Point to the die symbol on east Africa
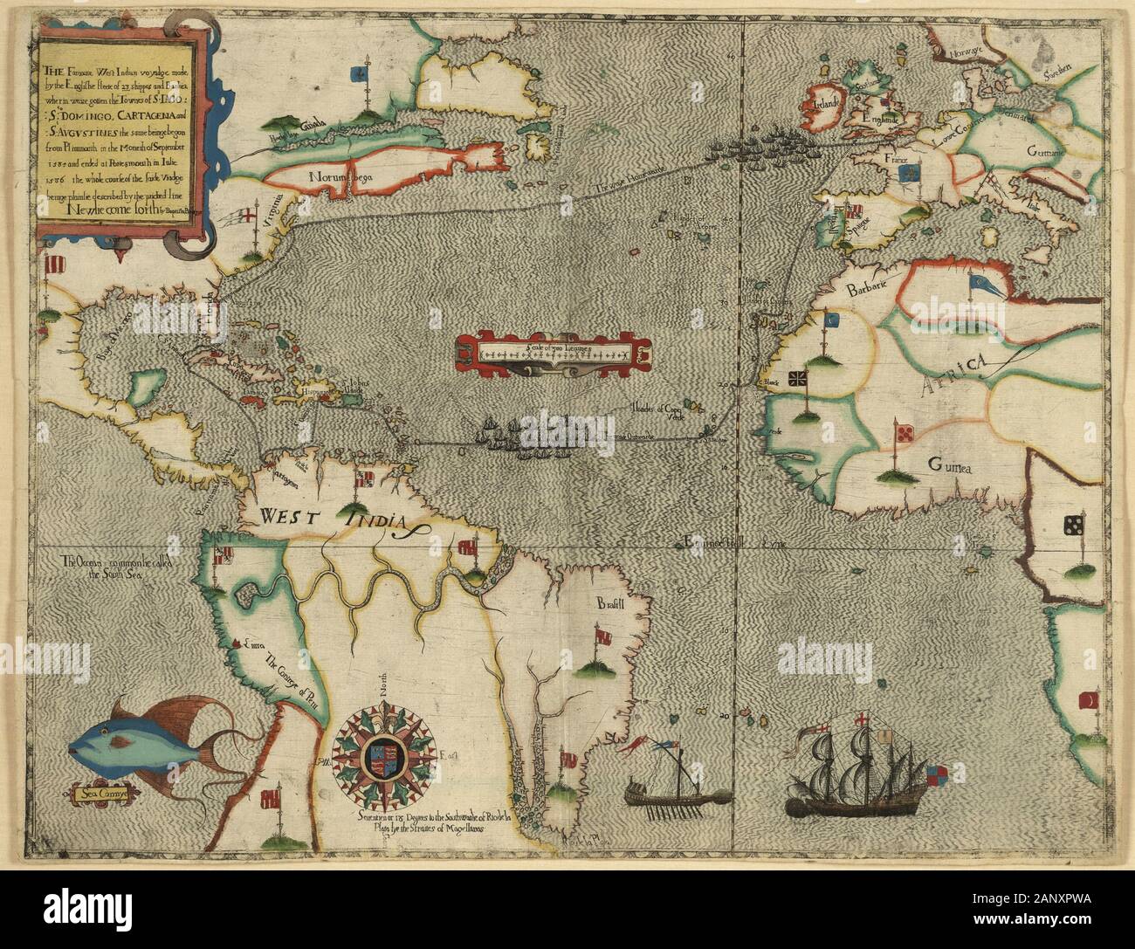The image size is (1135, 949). point(1073,526)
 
